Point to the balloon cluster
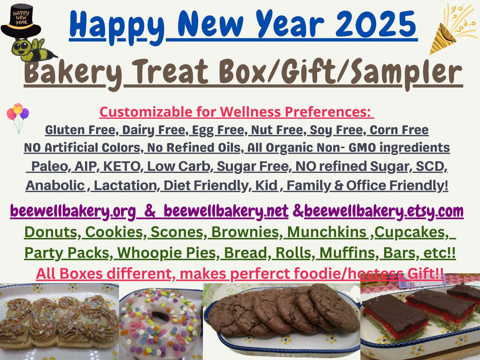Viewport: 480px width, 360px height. tap(18, 115)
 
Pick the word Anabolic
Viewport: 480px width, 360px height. tap(55, 185)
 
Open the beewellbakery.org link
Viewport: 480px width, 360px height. tap(73, 211)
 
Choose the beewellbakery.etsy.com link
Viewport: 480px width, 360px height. tap(384, 211)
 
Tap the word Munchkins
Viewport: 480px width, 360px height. tap(327, 232)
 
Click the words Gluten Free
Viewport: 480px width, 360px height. tap(80, 130)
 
